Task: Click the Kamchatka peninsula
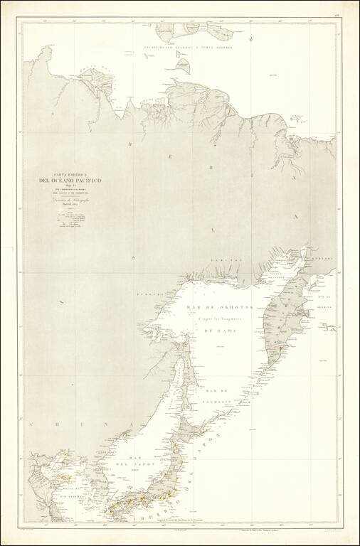(285, 313)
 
